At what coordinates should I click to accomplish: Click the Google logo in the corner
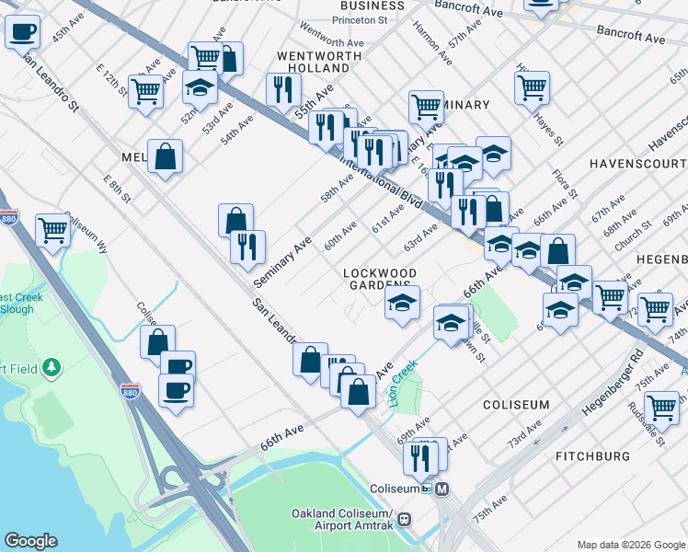coord(30,541)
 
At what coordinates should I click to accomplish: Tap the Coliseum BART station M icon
coord(442,489)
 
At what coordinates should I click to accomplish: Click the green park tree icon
coord(52,368)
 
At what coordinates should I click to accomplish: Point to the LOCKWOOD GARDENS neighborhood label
coord(380,280)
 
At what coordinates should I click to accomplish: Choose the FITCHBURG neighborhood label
coord(593,456)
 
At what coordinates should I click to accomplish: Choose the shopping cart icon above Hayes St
coord(532,87)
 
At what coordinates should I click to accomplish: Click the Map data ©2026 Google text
coord(630,544)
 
